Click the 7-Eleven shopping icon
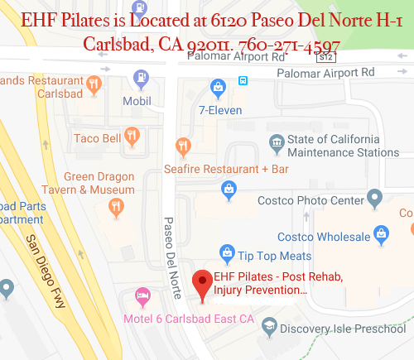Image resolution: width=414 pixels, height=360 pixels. [218, 86]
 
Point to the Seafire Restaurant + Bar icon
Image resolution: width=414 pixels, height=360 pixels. [184, 146]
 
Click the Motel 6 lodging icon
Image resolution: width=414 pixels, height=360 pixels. [142, 295]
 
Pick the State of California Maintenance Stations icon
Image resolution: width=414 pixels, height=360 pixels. [276, 146]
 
